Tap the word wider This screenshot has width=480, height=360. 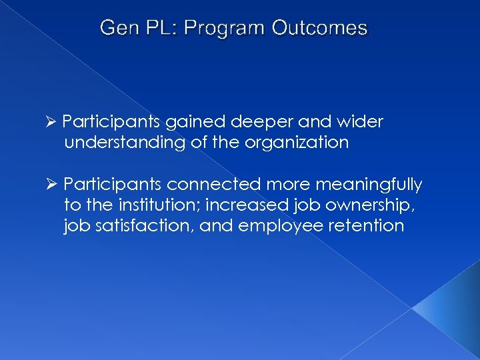[360, 123]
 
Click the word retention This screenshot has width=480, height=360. [366, 225]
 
